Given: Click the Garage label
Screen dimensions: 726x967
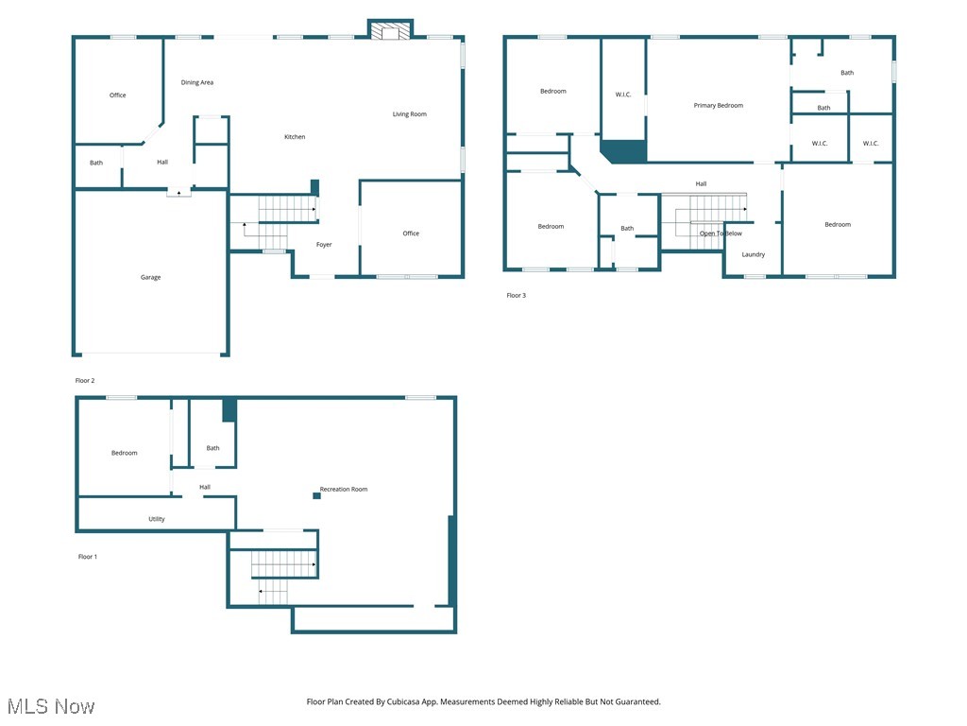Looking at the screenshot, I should point(151,277).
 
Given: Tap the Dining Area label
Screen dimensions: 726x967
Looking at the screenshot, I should point(197,82).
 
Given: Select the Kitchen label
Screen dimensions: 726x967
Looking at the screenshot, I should point(295,137).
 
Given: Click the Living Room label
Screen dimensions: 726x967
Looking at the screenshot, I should point(410,114).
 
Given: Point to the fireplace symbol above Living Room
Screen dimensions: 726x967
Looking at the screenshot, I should point(390,32).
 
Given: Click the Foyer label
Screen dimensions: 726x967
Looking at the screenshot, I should point(324,245).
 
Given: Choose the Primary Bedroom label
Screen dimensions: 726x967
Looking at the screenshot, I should point(718,106).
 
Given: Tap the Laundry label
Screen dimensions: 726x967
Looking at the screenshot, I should point(753,254).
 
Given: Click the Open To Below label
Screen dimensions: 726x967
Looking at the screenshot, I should point(721,233).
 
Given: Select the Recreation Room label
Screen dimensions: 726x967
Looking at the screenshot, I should point(344,489).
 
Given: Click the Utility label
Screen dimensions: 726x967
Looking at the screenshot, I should point(157,519).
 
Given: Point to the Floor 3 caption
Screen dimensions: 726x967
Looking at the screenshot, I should point(516,296).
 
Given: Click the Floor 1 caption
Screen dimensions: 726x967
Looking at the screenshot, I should point(87,557).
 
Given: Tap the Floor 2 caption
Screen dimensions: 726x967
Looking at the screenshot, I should point(85,380).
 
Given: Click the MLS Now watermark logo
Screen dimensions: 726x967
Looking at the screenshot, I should point(51,706).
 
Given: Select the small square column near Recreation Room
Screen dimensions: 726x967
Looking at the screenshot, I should point(316,494).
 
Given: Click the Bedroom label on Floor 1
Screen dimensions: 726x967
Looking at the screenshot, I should point(125,453).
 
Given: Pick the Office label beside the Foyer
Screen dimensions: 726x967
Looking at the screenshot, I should point(411,233).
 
